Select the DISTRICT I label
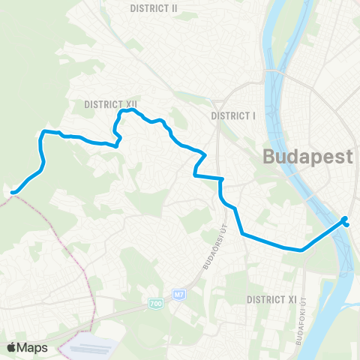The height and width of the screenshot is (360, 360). (x=234, y=115)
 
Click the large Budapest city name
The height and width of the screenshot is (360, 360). (x=308, y=157)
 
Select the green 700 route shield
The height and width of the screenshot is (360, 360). (x=155, y=303)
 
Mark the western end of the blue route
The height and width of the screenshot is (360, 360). (x=13, y=193)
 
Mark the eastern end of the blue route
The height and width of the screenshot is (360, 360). (x=345, y=219)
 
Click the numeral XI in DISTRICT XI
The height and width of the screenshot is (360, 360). (x=292, y=299)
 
